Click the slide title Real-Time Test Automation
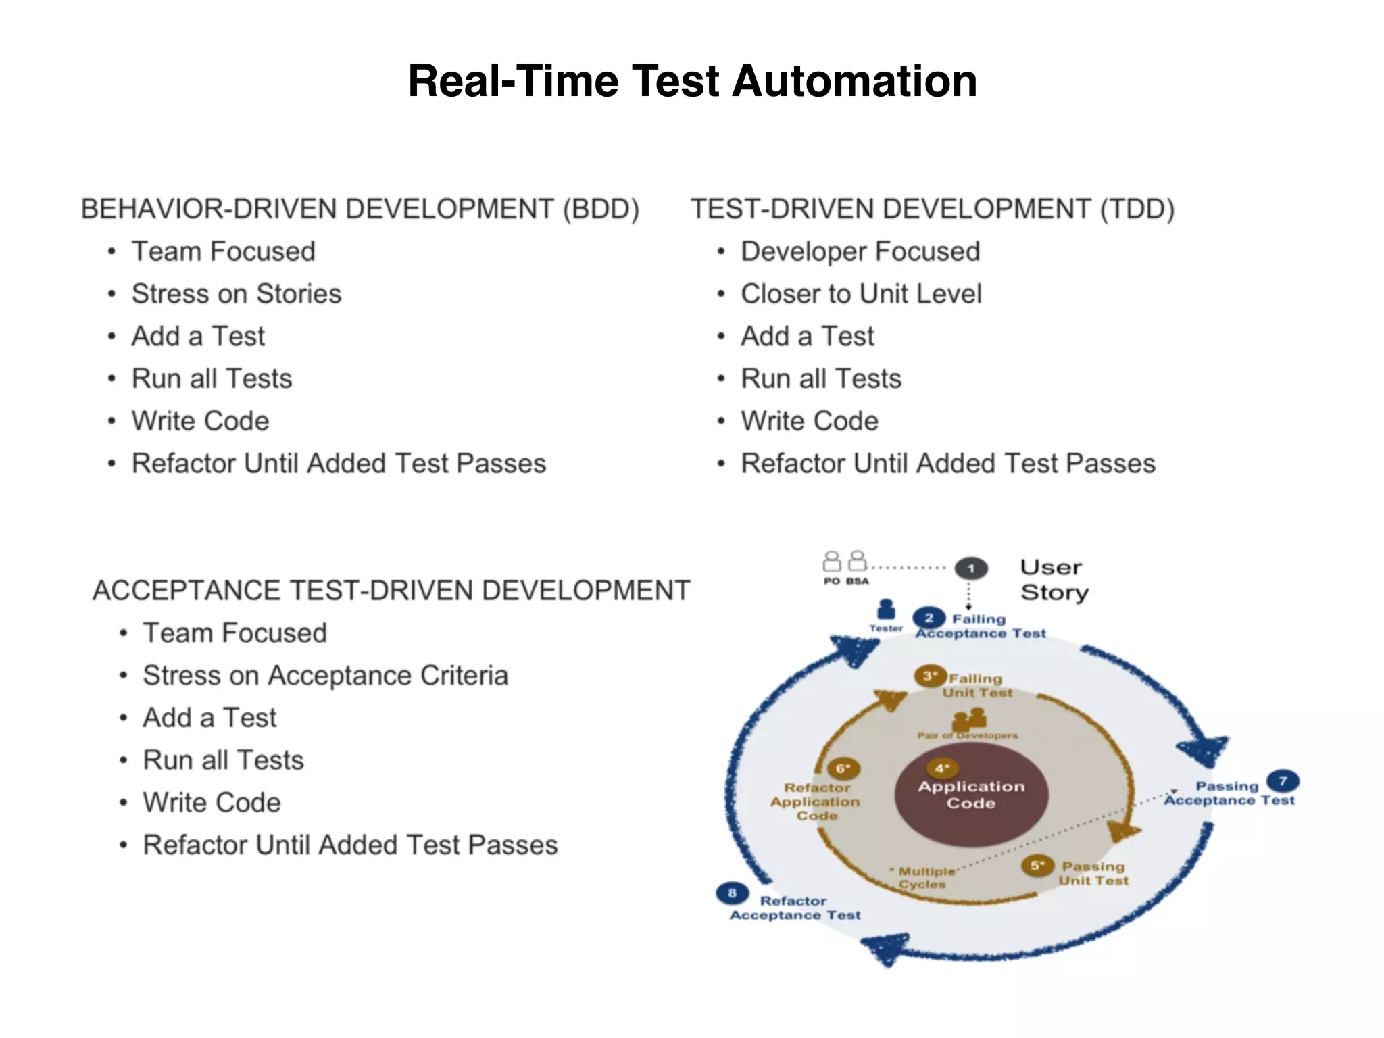692,81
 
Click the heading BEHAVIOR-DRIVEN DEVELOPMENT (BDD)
360,209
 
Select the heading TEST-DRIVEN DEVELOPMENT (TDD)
932,209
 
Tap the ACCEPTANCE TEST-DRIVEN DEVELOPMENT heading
391,591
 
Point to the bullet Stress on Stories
237,294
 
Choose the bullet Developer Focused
860,251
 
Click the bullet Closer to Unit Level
861,294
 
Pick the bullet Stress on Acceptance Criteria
325,676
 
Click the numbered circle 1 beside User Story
971,568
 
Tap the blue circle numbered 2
929,618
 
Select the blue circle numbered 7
1283,781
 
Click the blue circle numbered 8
732,893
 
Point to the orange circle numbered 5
1037,866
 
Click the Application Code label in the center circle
971,795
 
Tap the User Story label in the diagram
1054,580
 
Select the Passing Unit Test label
1093,873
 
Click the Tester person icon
886,610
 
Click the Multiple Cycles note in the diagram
924,878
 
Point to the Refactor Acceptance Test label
795,908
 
